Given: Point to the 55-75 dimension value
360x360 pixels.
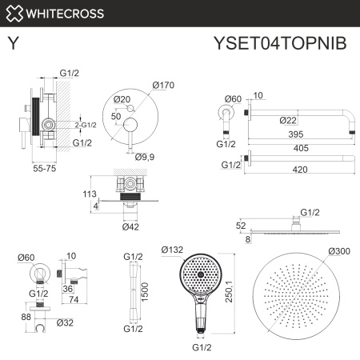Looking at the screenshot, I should [46, 170].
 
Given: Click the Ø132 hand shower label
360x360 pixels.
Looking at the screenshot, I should [173, 250].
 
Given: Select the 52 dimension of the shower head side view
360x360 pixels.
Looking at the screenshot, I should [242, 226].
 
